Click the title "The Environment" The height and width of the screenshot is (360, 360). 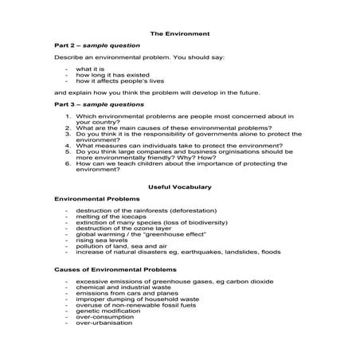pyautogui.click(x=179, y=33)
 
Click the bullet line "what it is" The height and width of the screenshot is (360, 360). pyautogui.click(x=90, y=69)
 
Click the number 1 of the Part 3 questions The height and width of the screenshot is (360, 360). pyautogui.click(x=68, y=115)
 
